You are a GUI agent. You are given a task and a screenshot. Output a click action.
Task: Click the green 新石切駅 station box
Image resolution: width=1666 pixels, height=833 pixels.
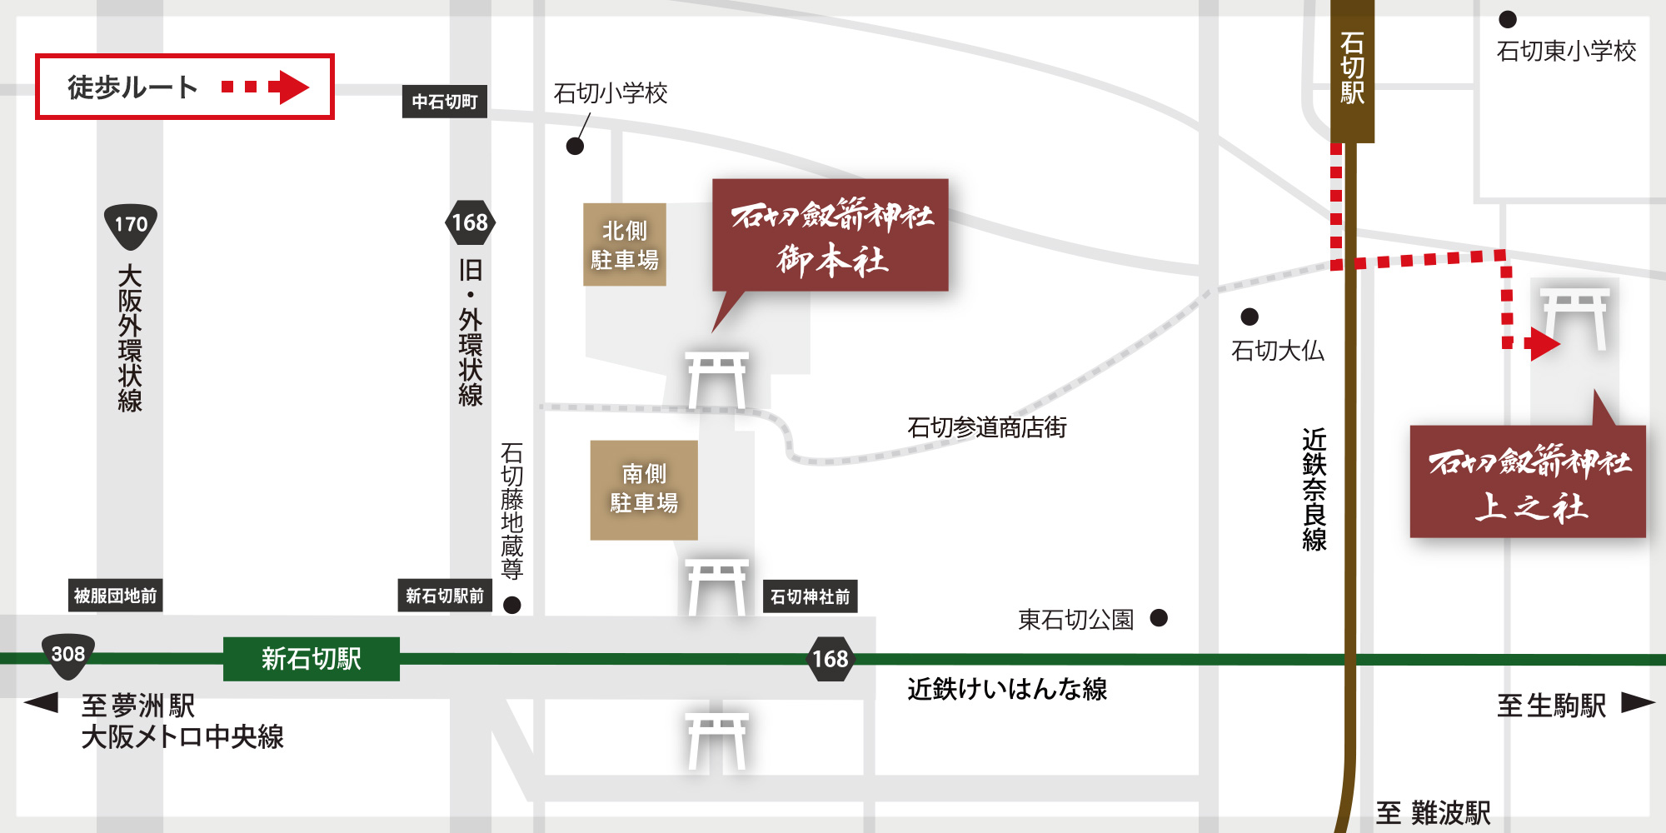point(311,659)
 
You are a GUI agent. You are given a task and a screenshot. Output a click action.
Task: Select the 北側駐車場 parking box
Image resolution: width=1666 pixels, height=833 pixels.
point(625,245)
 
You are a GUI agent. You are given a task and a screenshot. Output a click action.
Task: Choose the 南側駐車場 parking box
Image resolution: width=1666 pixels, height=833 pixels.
point(644,490)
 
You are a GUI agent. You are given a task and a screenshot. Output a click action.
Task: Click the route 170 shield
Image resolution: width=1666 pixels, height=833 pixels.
point(131,226)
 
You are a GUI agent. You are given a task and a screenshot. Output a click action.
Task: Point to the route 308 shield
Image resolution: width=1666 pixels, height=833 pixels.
point(68,655)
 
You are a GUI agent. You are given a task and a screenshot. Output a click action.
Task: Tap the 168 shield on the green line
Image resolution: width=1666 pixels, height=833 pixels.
point(831,659)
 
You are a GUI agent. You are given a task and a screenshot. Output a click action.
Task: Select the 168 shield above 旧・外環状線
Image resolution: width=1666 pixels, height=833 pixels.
point(470,222)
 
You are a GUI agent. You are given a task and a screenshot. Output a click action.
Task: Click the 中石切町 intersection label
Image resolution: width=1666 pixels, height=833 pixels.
point(445,102)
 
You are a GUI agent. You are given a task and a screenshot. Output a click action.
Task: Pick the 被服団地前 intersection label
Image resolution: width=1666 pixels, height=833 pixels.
point(116,596)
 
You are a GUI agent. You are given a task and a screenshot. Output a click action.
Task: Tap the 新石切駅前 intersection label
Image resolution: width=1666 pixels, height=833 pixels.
point(445,596)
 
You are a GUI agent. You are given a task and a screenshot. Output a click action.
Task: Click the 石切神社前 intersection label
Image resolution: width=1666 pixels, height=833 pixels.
point(810,596)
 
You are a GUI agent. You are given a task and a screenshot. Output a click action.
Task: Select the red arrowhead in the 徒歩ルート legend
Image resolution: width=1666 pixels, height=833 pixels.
point(293,87)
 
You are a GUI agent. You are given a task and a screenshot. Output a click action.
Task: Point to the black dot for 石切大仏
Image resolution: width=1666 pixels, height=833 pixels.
point(1249,317)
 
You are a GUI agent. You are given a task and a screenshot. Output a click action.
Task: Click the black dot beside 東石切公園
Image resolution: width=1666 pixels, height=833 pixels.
point(1159,618)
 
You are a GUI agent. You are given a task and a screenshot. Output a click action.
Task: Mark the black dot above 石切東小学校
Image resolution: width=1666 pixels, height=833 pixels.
point(1508,19)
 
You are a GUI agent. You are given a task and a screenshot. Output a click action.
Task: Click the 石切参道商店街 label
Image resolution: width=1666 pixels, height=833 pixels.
point(986,427)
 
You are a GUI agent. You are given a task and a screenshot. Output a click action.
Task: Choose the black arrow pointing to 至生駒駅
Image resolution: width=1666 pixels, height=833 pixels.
point(1636,703)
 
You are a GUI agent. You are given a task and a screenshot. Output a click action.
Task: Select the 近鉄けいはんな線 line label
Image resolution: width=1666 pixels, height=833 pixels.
point(1007,689)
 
